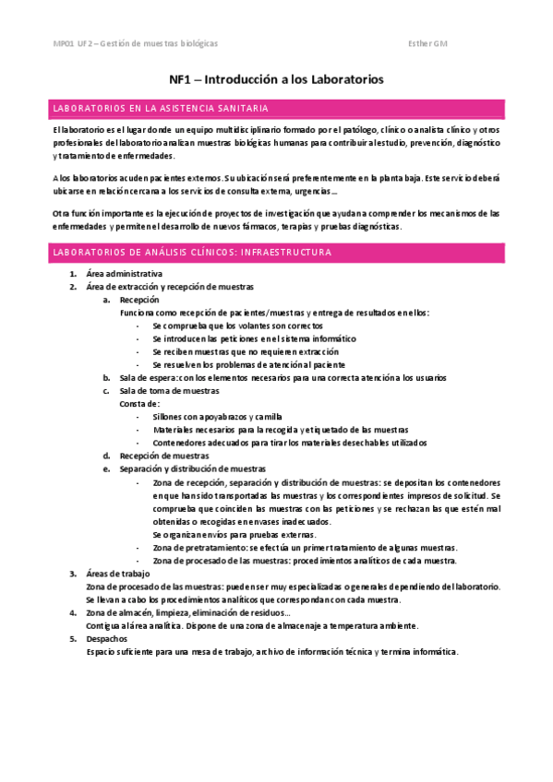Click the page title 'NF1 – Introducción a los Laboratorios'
276,79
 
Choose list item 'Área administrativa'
124,274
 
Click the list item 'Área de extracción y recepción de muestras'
169,287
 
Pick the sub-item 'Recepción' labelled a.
139,300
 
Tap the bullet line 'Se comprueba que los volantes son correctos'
238,326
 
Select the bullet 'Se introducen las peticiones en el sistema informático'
254,338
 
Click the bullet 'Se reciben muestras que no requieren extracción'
246,351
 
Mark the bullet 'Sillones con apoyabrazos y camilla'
218,416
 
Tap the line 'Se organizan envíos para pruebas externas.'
234,534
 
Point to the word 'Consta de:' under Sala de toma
140,403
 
